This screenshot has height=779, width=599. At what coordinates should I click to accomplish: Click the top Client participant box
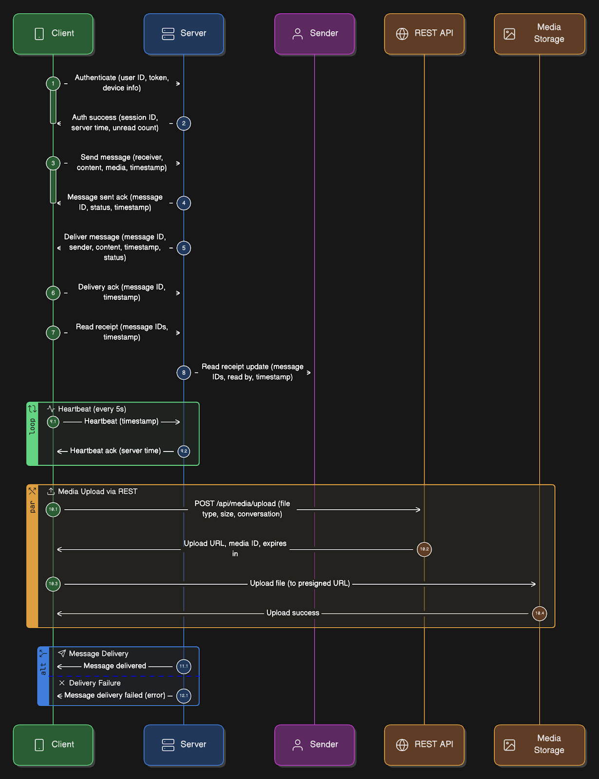click(53, 34)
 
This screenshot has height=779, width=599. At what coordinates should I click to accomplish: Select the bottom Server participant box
click(184, 744)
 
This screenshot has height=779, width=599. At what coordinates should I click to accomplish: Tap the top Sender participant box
click(315, 34)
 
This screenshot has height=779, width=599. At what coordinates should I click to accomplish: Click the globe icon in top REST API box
click(402, 34)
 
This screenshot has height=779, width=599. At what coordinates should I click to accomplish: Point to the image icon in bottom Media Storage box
click(509, 745)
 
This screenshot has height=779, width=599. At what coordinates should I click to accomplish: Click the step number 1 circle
click(53, 84)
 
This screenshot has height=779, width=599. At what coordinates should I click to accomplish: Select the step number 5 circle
click(184, 248)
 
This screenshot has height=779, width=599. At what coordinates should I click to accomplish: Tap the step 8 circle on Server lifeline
click(184, 372)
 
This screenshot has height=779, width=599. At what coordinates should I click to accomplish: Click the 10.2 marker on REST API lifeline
click(424, 549)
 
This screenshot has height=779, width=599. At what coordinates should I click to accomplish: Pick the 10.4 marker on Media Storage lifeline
click(540, 613)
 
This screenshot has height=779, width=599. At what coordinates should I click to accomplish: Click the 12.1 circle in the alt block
click(184, 696)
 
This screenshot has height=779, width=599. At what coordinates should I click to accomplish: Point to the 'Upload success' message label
click(293, 613)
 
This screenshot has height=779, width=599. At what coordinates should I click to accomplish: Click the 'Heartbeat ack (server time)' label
click(115, 451)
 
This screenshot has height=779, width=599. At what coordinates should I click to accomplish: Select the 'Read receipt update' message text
click(252, 372)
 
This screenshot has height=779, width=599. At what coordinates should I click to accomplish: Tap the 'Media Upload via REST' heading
click(97, 492)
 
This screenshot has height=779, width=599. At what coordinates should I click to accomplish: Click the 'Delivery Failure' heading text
click(94, 683)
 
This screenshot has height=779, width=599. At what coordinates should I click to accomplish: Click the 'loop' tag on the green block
click(32, 427)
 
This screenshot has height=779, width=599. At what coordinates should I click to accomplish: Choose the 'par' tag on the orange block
click(32, 507)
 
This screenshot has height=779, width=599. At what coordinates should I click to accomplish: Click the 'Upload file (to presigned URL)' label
click(299, 583)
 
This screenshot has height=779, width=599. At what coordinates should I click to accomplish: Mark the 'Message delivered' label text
click(114, 666)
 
